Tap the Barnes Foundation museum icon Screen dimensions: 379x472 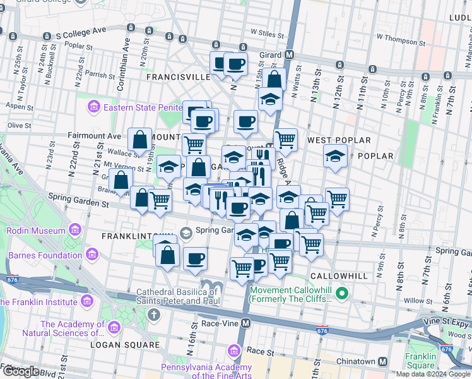(93, 255)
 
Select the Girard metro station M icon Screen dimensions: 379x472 (290, 55)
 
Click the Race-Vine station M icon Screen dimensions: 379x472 (246, 323)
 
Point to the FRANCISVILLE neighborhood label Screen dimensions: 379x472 (178, 77)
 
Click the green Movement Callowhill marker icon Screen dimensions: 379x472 (342, 292)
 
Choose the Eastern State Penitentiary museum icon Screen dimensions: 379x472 (95, 107)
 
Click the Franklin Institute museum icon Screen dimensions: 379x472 (6, 302)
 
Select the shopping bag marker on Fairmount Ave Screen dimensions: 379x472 (139, 139)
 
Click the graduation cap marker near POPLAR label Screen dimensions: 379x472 (334, 155)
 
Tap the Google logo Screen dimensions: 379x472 (20, 371)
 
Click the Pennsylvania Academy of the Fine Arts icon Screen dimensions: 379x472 (235, 350)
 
